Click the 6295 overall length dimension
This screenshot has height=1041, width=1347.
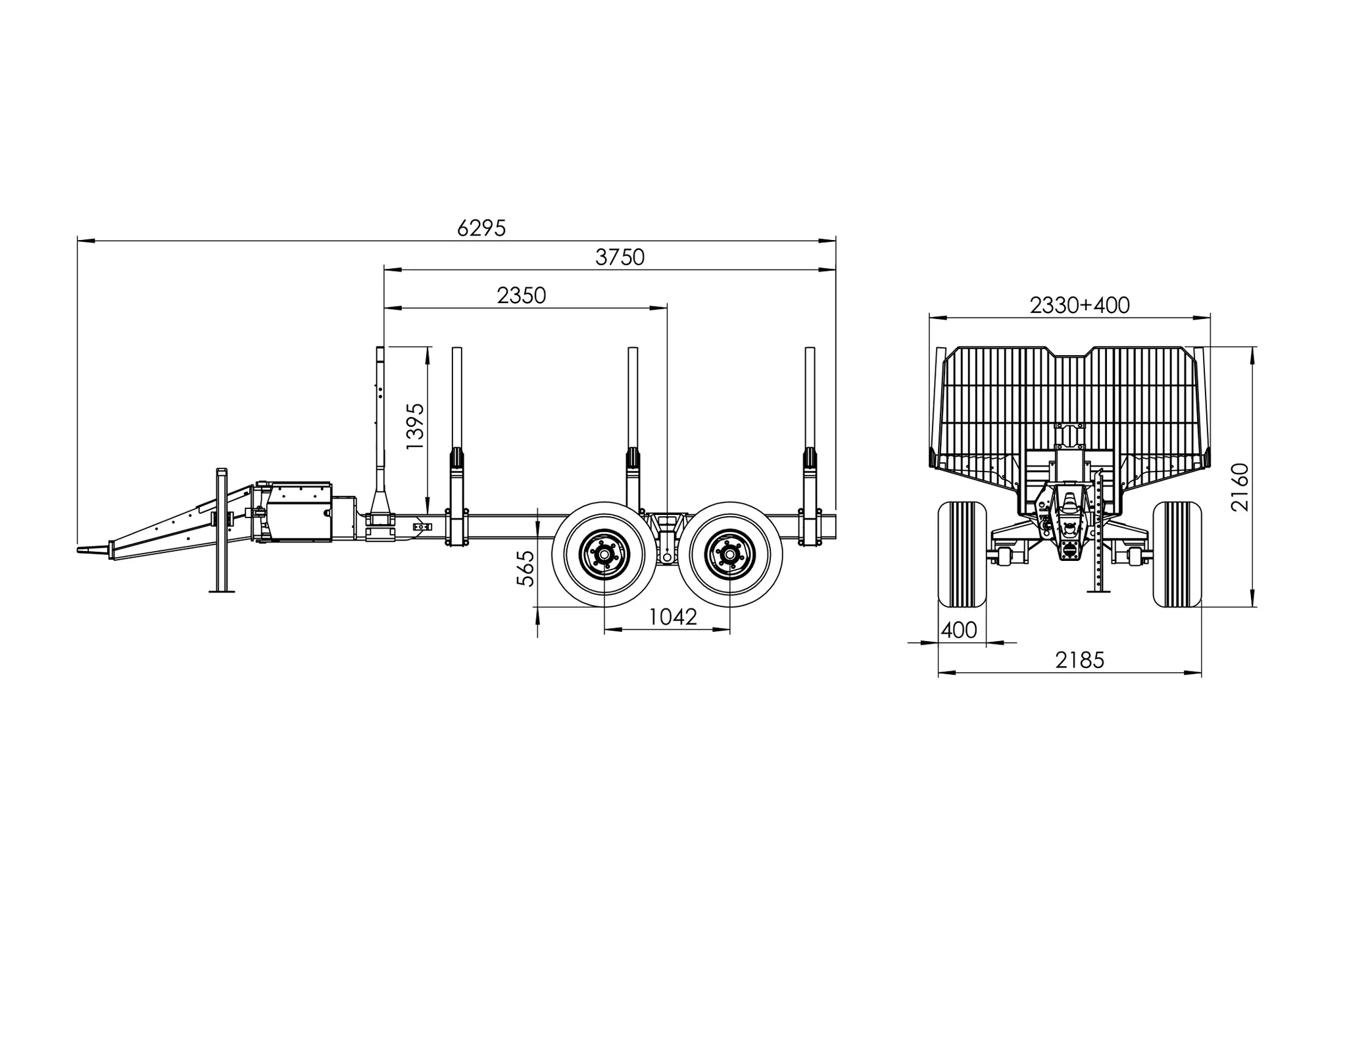(x=481, y=228)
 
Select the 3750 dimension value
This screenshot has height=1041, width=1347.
(x=620, y=257)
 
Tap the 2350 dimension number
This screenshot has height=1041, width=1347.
(x=522, y=295)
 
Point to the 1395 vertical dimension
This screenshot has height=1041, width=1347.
(x=415, y=426)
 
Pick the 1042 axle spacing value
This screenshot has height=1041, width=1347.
(x=673, y=617)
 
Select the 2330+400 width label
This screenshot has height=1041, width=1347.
(x=1079, y=305)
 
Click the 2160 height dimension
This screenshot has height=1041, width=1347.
(x=1240, y=487)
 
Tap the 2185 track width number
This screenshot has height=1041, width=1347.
(x=1080, y=660)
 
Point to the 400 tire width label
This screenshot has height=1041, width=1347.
(x=959, y=630)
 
